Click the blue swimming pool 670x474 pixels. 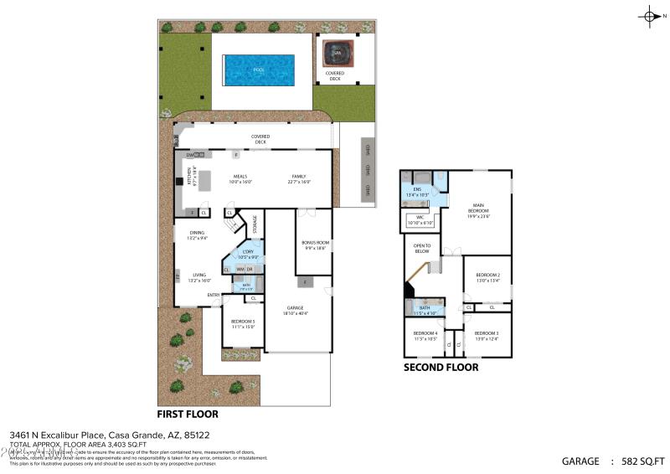[258, 70]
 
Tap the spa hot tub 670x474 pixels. [338, 53]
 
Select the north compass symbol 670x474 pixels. [651, 16]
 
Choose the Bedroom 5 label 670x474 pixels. [243, 322]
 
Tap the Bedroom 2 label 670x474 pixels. [487, 277]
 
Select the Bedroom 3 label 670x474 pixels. [487, 336]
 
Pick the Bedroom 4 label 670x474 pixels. [425, 336]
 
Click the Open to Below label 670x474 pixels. [421, 249]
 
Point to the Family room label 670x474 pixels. [299, 178]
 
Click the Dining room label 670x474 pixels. [196, 234]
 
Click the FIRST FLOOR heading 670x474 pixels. [188, 415]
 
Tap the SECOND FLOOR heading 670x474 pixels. [441, 367]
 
